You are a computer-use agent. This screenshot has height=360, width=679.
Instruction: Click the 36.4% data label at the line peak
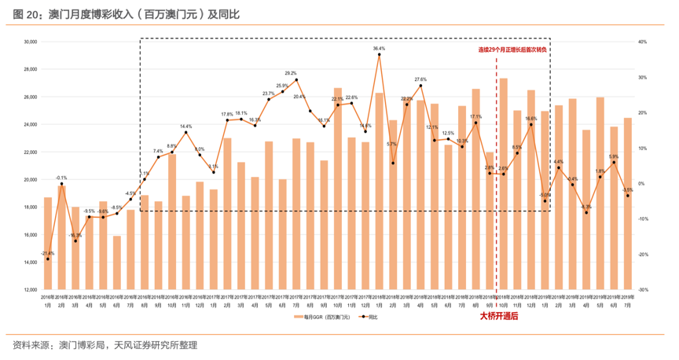(x=379, y=48)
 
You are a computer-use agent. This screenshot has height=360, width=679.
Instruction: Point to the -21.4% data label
(x=48, y=252)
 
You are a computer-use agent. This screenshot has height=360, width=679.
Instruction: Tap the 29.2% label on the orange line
(x=290, y=73)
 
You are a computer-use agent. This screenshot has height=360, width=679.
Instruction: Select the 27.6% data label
(x=420, y=79)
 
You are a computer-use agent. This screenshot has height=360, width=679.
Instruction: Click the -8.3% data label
(x=586, y=207)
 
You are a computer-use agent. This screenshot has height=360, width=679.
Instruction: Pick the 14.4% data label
(x=185, y=126)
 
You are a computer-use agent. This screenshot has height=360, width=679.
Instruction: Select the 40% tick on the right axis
(x=643, y=42)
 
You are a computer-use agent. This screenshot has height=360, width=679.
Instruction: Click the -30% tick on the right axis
(x=643, y=290)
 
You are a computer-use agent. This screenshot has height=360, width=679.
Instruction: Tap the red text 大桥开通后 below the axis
(x=499, y=316)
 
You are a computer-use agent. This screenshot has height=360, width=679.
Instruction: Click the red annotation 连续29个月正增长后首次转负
(x=512, y=50)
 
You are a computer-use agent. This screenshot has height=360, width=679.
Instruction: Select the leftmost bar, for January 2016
(x=48, y=244)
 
